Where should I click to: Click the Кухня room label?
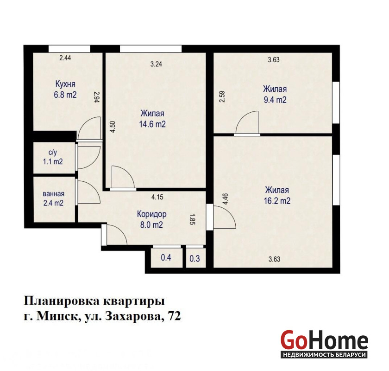pyautogui.click(x=65, y=84)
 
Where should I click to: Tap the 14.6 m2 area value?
pyautogui.click(x=152, y=124)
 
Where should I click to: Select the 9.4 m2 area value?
pyautogui.click(x=275, y=100)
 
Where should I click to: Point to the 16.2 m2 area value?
pyautogui.click(x=277, y=201)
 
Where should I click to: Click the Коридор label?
pyautogui.click(x=151, y=214)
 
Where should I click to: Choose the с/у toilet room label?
pyautogui.click(x=53, y=152)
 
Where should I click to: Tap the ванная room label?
pyautogui.click(x=53, y=194)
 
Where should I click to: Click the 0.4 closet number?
pyautogui.click(x=166, y=257)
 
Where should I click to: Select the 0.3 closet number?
pyautogui.click(x=195, y=259)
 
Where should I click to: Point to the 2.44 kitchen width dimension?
pyautogui.click(x=65, y=58)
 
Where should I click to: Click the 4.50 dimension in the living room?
pyautogui.click(x=113, y=127)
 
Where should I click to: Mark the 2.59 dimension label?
pyautogui.click(x=222, y=96)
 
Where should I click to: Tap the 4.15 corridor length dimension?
pyautogui.click(x=157, y=197)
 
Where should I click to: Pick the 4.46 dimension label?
pyautogui.click(x=225, y=199)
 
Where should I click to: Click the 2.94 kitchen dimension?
pyautogui.click(x=97, y=97)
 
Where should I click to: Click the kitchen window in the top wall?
pyautogui.click(x=69, y=49)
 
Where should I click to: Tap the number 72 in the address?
pyautogui.click(x=174, y=316)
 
